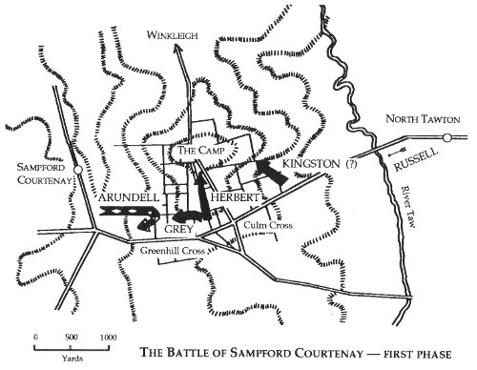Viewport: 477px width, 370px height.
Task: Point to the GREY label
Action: [179, 230]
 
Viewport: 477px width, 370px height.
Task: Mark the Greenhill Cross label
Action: [168, 250]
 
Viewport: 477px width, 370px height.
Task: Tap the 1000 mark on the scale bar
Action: [108, 337]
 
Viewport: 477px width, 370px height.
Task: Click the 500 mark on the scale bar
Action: [72, 337]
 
